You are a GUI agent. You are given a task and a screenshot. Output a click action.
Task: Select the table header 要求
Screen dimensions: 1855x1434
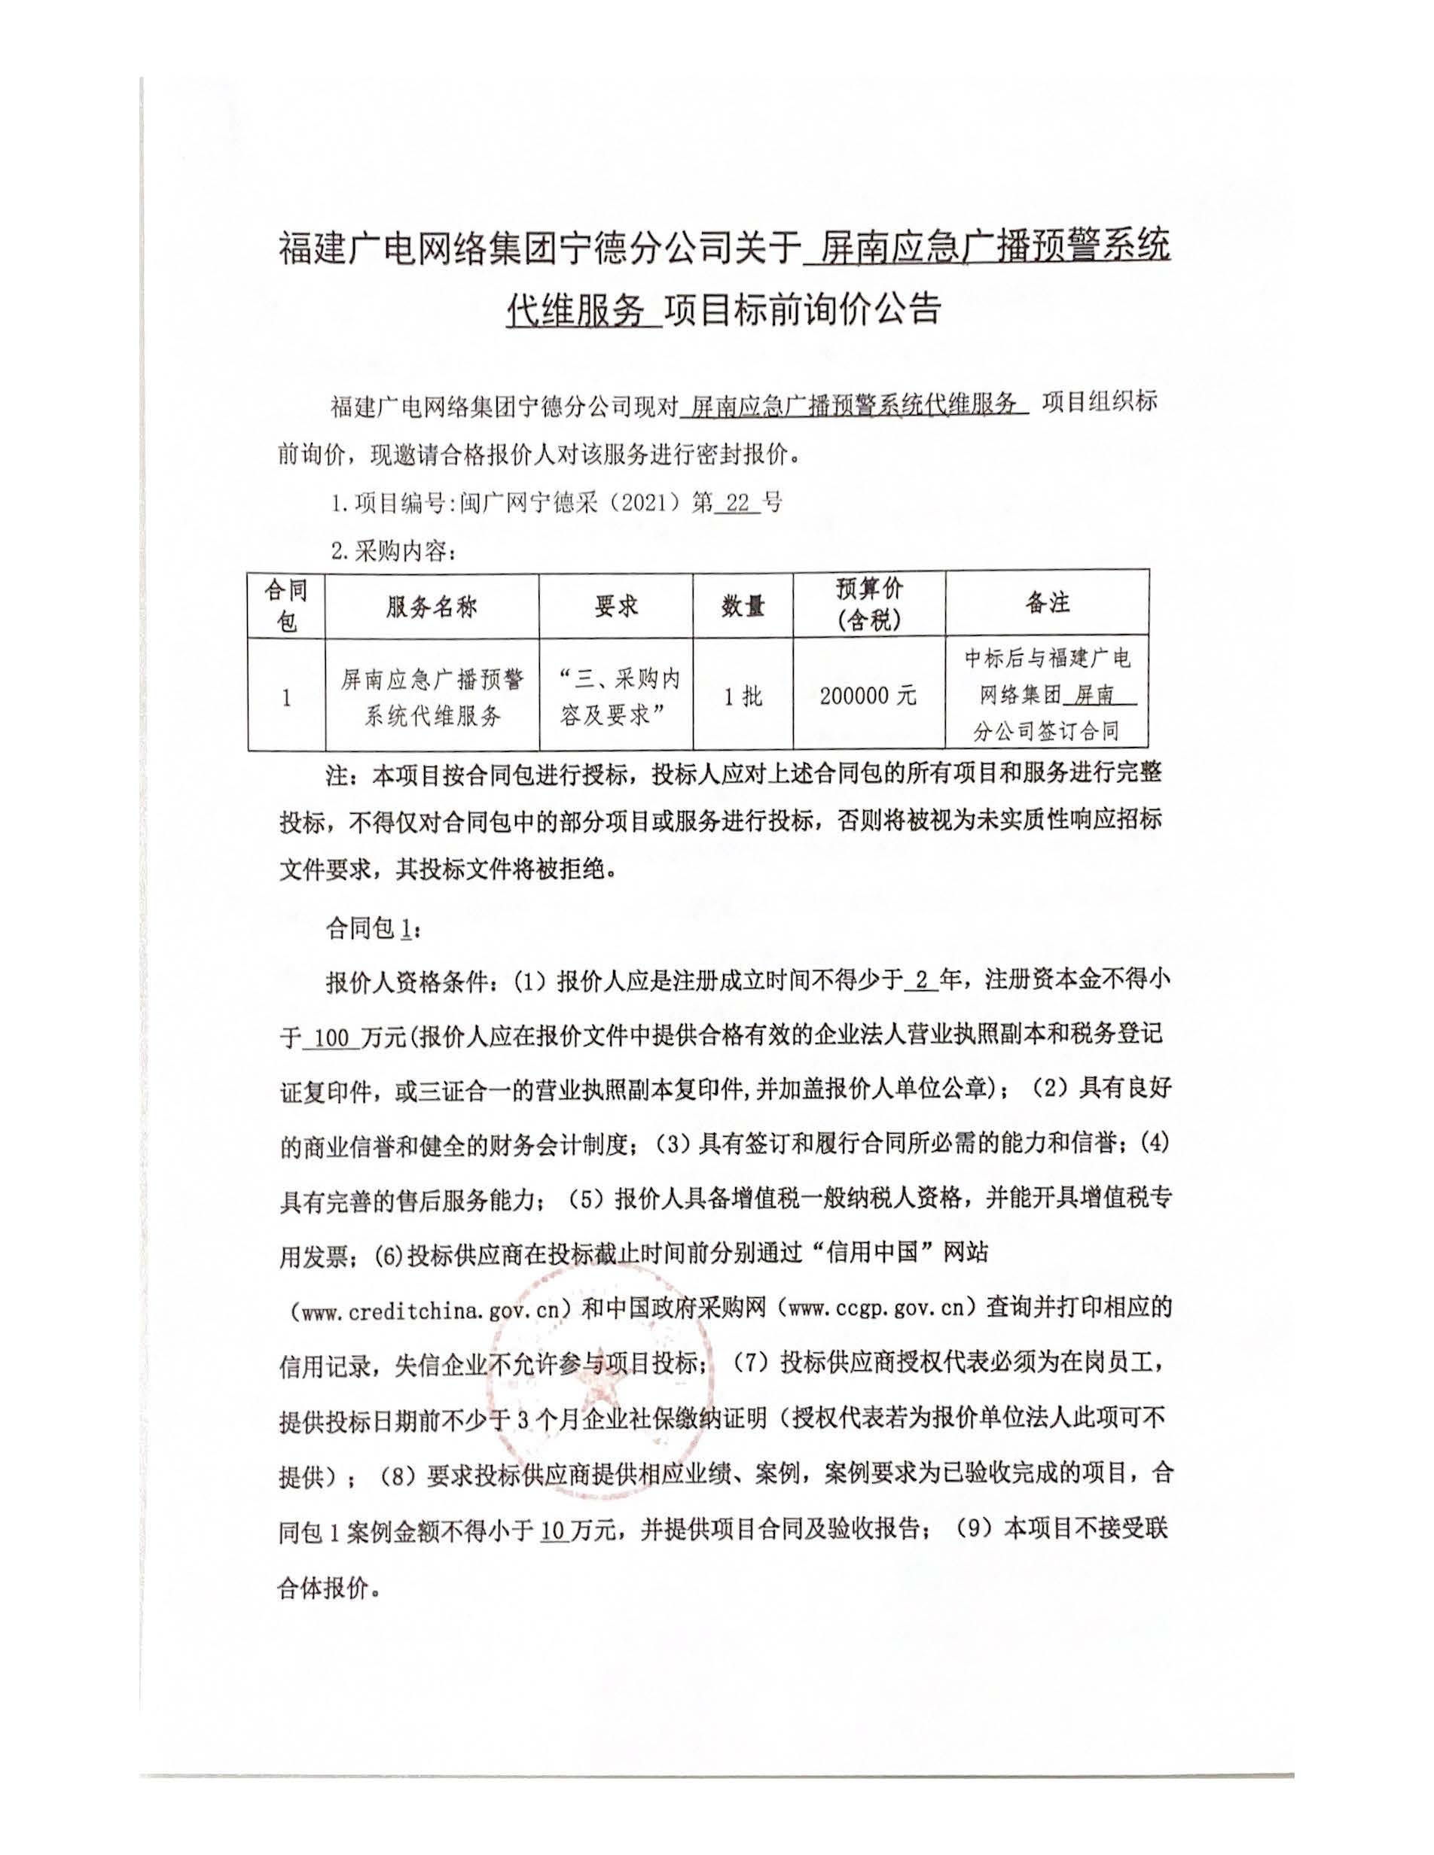616,605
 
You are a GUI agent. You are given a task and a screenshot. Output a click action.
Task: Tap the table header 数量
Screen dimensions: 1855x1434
743,605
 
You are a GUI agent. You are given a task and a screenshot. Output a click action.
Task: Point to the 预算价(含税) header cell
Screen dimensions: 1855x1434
868,604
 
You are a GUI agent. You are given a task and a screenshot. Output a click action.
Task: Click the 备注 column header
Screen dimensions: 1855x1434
1047,603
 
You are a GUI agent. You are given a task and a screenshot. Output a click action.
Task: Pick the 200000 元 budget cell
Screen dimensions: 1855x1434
868,696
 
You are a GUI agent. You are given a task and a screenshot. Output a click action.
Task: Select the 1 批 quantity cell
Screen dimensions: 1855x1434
743,696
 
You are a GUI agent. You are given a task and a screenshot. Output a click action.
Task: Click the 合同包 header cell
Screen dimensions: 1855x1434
286,605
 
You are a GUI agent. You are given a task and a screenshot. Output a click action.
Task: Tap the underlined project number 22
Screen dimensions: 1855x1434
737,503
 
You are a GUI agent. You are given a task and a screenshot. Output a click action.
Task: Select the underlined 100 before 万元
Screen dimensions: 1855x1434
331,1038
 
